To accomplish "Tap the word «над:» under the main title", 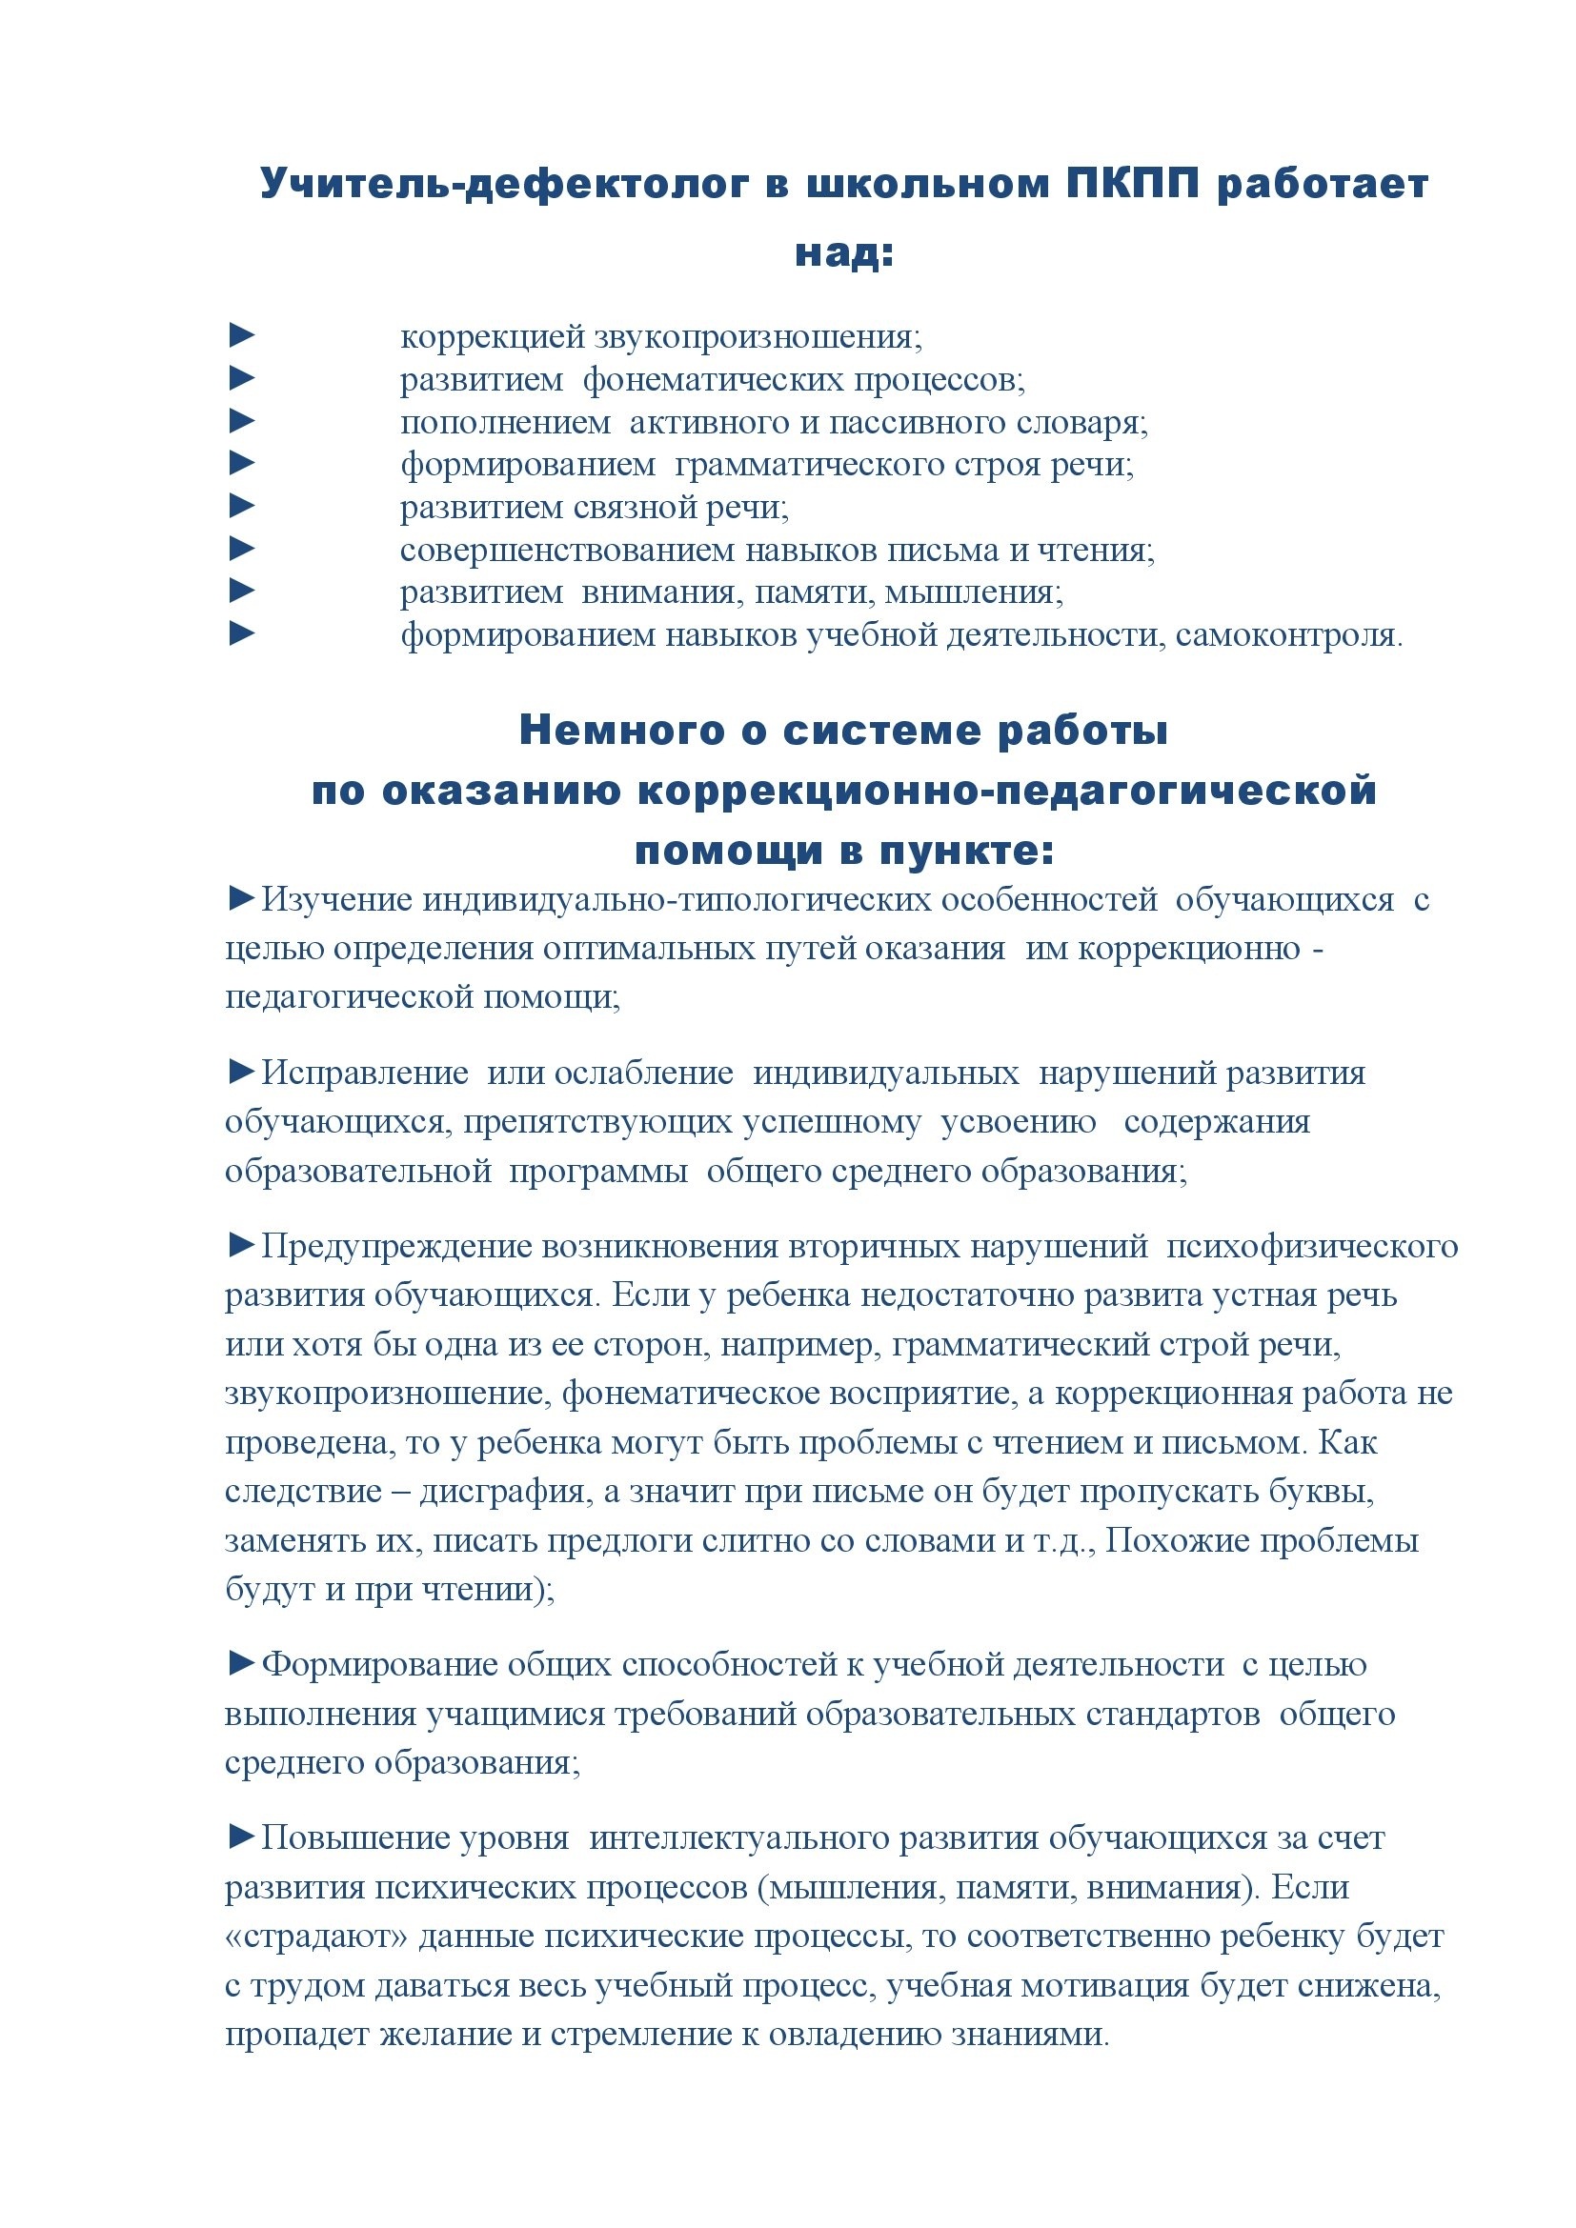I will coord(843,252).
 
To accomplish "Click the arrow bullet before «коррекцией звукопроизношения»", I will coord(242,335).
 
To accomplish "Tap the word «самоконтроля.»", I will coord(1289,635).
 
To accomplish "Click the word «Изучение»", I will coord(337,899).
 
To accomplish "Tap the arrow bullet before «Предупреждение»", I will coord(242,1245).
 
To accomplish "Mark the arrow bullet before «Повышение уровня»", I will coord(242,1837).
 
